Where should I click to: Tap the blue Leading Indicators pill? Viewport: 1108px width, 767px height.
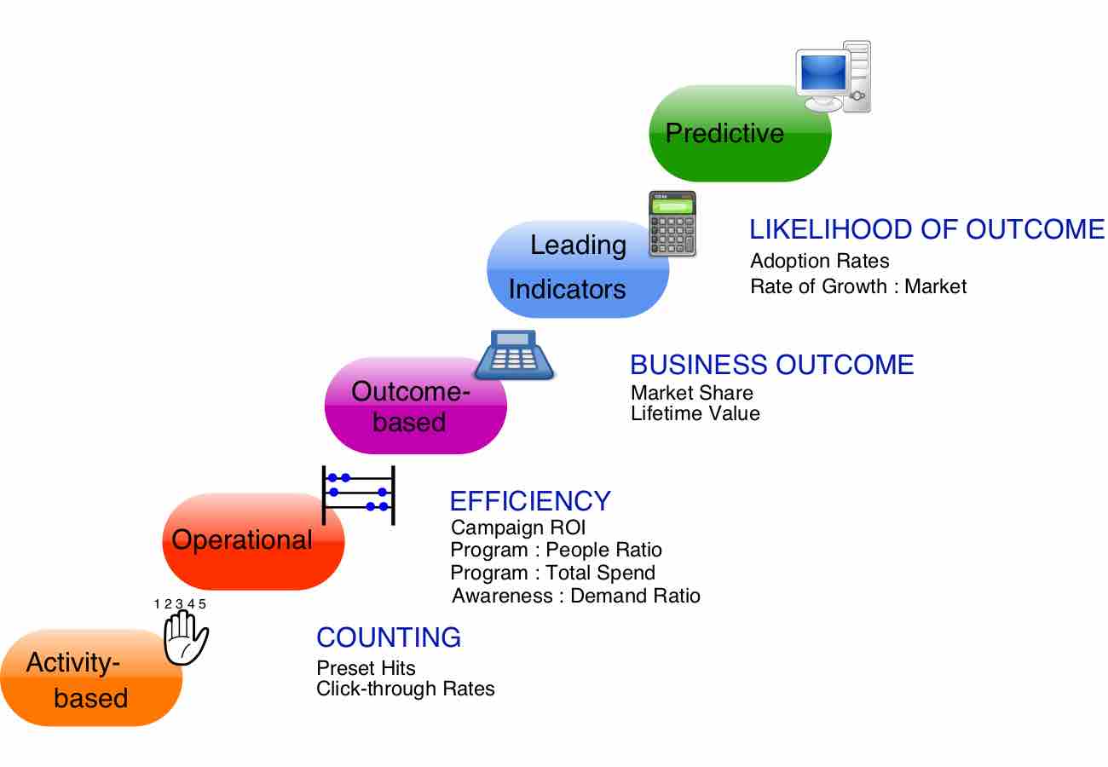tap(577, 268)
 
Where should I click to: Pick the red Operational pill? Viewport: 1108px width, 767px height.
tap(252, 541)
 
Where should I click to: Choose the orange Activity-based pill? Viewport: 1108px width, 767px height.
tap(90, 678)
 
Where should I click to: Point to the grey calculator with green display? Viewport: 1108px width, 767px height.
tap(672, 224)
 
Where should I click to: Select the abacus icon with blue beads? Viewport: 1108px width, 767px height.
tap(358, 494)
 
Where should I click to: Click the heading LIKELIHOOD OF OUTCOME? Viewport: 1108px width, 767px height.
tap(926, 229)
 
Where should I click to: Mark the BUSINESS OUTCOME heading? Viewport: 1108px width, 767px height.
tap(771, 365)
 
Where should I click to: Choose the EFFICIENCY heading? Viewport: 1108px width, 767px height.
tap(530, 500)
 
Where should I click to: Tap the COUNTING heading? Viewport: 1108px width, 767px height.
tap(389, 637)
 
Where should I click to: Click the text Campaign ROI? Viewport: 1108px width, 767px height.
tap(518, 528)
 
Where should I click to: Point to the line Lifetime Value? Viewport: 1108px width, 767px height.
tap(695, 414)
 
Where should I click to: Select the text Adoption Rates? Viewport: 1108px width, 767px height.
tap(819, 261)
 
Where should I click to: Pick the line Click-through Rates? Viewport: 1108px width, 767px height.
tap(405, 689)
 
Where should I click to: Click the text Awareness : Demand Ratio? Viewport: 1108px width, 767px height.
tap(576, 596)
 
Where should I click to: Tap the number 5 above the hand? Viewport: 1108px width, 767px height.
tap(202, 604)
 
